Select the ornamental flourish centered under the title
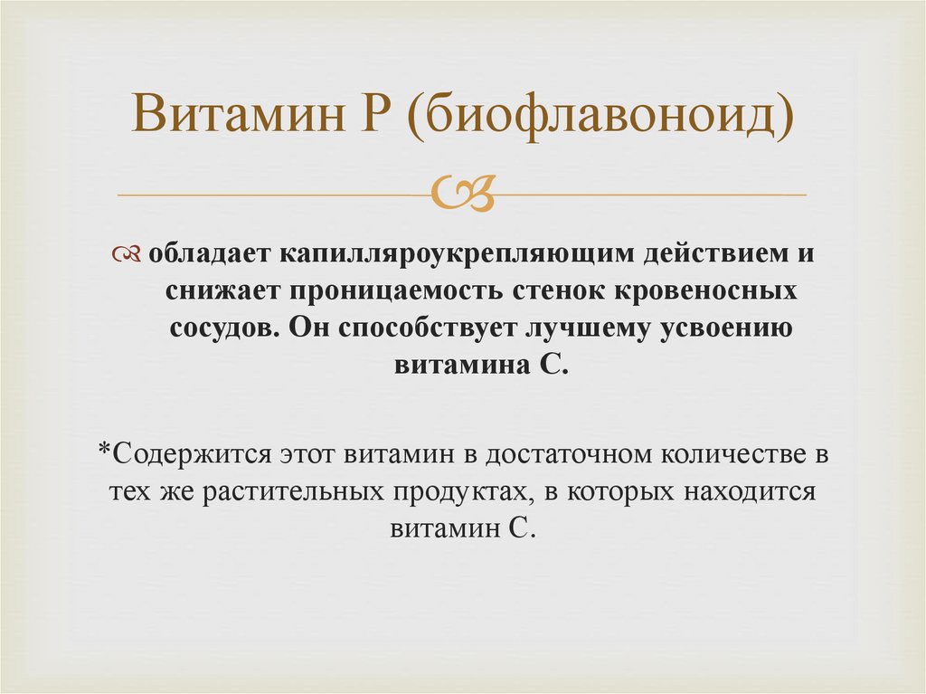point(463,193)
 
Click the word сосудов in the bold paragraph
point(225,328)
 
